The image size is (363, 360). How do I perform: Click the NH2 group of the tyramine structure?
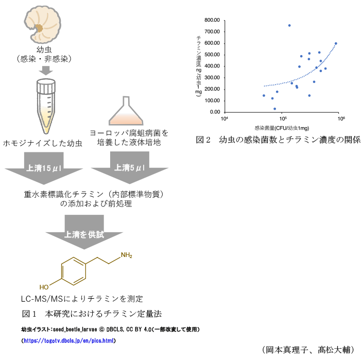(x=127, y=255)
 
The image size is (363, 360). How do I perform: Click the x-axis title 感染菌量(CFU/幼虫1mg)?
(x=282, y=127)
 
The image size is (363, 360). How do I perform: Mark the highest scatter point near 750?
(x=289, y=25)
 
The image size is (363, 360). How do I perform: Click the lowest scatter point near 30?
(x=275, y=109)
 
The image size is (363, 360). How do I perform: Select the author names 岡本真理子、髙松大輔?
(x=310, y=350)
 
